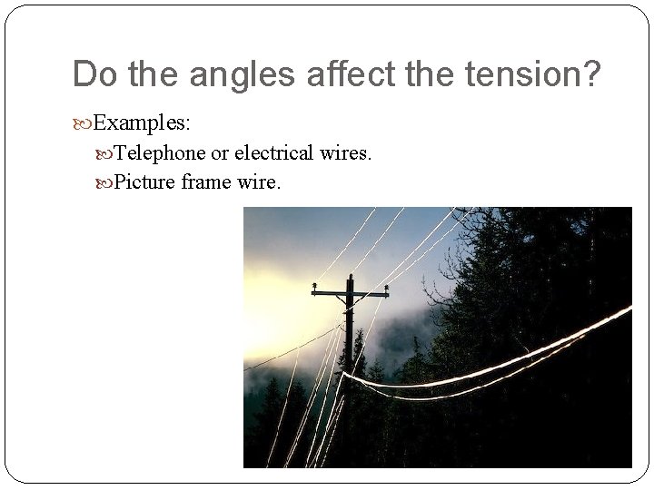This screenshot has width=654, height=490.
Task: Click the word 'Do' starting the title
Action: pyautogui.click(x=92, y=74)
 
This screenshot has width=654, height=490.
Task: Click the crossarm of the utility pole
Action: pyautogui.click(x=351, y=294)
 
